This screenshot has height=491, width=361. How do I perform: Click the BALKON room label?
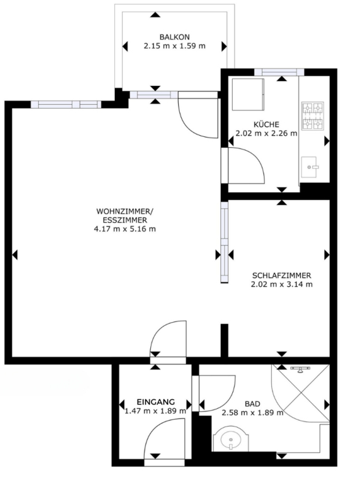pos(174,37)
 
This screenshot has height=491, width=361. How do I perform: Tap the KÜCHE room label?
pos(266,125)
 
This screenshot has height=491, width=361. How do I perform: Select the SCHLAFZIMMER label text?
pos(282,276)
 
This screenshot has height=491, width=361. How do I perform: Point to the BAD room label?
pos(252,404)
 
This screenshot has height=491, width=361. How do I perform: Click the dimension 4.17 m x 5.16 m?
pos(125,229)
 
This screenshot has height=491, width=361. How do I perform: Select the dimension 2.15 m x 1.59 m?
pos(174,45)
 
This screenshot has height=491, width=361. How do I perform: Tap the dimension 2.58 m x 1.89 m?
pos(252,412)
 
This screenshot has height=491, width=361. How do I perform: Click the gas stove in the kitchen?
pos(312,116)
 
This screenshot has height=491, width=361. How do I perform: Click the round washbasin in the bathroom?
pos(231,438)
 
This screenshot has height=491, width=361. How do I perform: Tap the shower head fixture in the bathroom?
pos(300,369)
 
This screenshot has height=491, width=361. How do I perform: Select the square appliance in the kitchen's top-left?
pos(248,95)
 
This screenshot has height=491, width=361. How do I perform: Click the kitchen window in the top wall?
pos(279,72)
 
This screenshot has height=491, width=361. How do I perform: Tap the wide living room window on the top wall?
pos(66,104)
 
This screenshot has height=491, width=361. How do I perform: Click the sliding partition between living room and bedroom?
pos(224,242)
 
